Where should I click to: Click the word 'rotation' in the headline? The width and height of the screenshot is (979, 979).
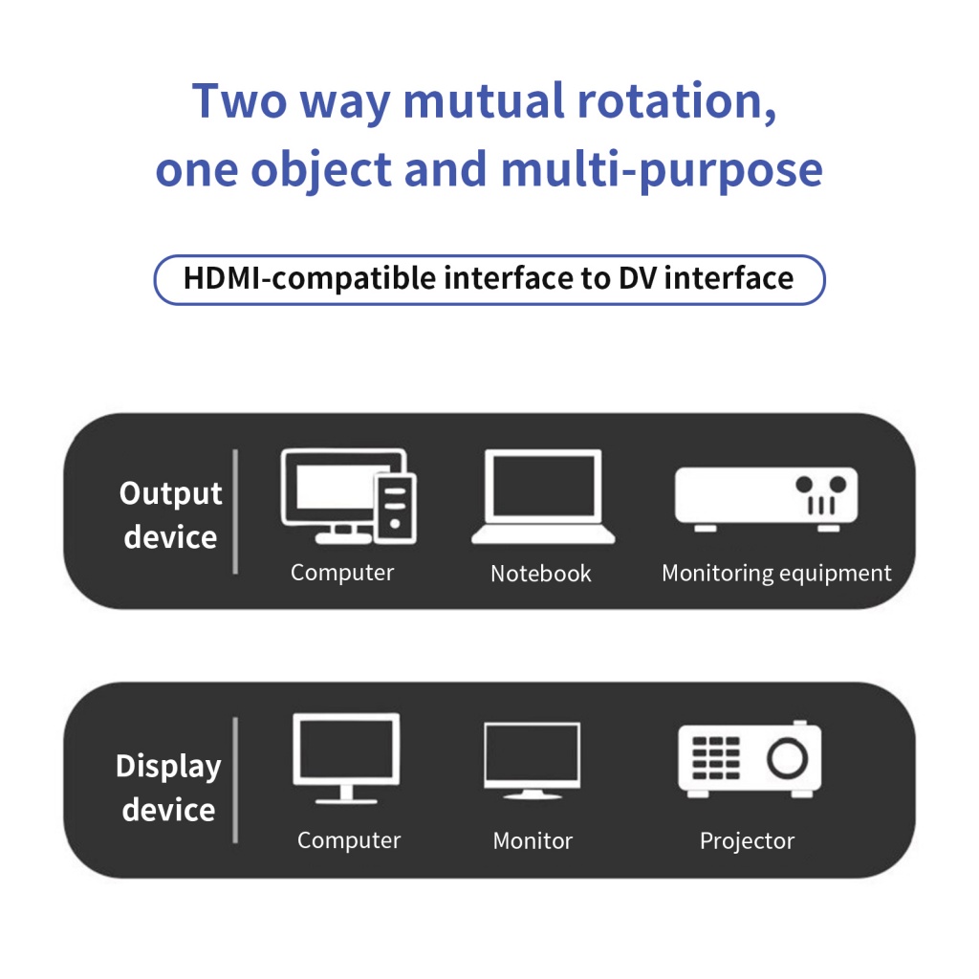click(674, 100)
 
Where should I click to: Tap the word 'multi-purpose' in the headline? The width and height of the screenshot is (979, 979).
click(662, 170)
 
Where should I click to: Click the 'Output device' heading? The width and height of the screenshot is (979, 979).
click(170, 514)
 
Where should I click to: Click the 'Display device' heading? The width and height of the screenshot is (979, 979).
click(168, 788)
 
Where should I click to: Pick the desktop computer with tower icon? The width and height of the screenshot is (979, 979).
click(348, 495)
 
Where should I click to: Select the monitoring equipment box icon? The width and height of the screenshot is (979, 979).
click(766, 497)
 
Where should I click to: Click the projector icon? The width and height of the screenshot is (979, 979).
click(750, 760)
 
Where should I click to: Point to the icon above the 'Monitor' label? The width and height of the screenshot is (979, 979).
click(532, 761)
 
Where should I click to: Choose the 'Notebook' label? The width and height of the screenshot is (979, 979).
click(541, 574)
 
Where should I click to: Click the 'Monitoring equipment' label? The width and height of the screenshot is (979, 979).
click(776, 574)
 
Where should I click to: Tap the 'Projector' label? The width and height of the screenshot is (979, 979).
click(747, 841)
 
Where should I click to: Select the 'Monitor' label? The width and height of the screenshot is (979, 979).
click(533, 841)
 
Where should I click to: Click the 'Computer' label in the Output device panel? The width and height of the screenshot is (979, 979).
click(342, 573)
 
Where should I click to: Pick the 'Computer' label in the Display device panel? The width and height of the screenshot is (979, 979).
click(349, 841)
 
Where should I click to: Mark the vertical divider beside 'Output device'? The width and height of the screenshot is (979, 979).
click(235, 511)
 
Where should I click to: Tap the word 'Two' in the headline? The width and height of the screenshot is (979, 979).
click(240, 100)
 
